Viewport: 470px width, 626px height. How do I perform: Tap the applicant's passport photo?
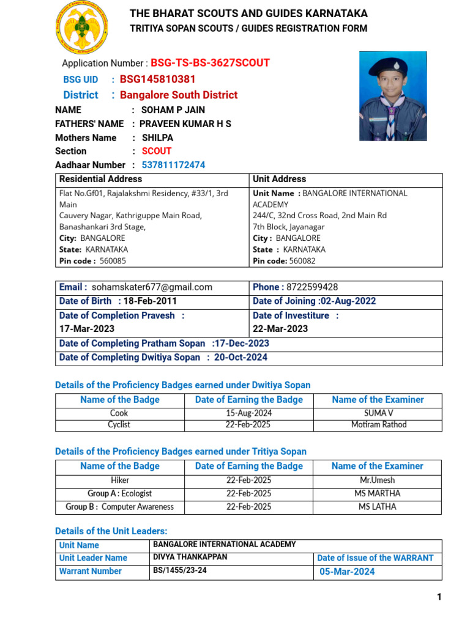tap(392, 96)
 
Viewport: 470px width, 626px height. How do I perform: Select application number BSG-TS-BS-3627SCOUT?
tap(210, 63)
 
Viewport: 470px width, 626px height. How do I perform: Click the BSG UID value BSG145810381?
tap(157, 79)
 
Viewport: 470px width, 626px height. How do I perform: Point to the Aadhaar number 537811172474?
tap(173, 165)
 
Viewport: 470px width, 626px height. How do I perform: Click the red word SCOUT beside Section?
tap(157, 151)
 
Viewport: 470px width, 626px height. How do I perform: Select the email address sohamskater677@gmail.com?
tap(152, 287)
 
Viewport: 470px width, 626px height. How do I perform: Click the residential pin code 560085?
tap(113, 261)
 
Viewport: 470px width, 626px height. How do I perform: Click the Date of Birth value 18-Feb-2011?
tap(150, 301)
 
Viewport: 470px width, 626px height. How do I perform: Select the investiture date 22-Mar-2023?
tap(280, 329)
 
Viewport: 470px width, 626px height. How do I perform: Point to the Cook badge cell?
tap(119, 413)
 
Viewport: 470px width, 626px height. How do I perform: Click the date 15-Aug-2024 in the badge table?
tap(248, 413)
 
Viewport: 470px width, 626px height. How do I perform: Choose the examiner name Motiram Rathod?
tap(378, 425)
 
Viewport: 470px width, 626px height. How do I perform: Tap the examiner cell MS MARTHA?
tap(378, 493)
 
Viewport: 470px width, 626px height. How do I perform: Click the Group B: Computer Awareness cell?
tap(119, 507)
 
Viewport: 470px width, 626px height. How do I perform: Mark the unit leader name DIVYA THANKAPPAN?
tap(190, 558)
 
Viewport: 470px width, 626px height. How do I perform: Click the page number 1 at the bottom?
tap(439, 597)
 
